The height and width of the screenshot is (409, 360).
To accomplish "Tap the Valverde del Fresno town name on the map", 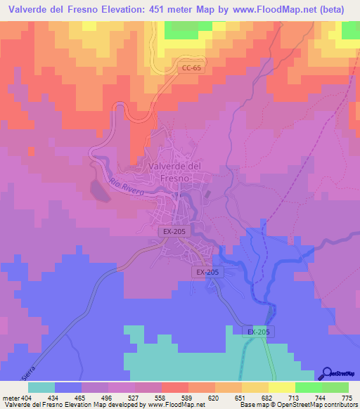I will [176, 172].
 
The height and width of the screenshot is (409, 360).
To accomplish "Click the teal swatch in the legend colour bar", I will [41, 388].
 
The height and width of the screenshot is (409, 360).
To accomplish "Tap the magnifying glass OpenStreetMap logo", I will [326, 374].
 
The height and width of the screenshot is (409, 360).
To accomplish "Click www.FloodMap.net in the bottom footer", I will [176, 404].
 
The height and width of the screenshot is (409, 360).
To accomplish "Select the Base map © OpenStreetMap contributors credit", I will [297, 404].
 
